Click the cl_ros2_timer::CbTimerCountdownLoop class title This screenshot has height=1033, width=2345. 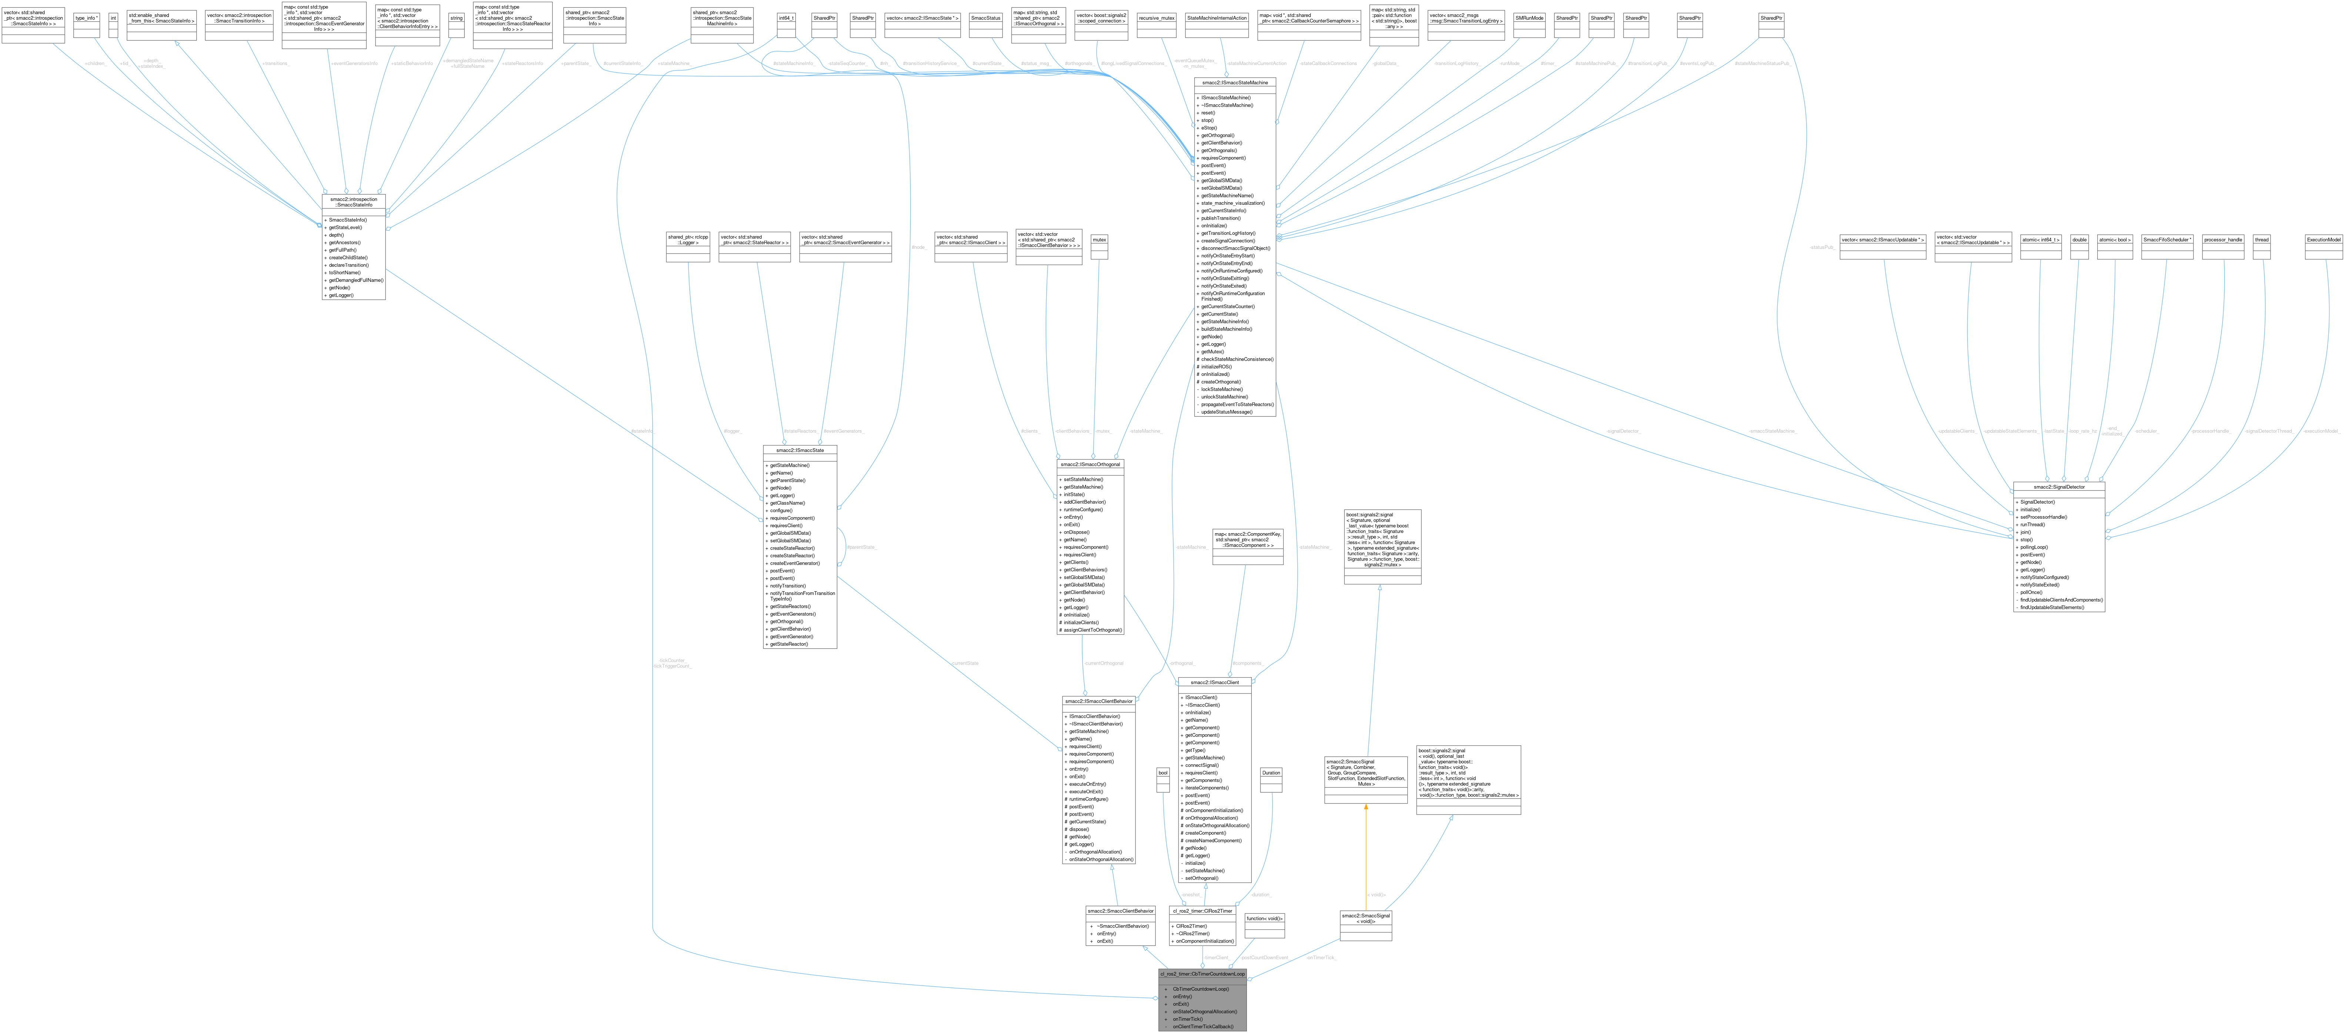click(x=1202, y=973)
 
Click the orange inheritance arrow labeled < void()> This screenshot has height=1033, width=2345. click(x=1365, y=856)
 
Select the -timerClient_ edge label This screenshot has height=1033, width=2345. click(x=1216, y=957)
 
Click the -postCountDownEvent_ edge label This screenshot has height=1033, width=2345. click(x=1264, y=957)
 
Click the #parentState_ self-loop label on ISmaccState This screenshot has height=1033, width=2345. click(x=861, y=547)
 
